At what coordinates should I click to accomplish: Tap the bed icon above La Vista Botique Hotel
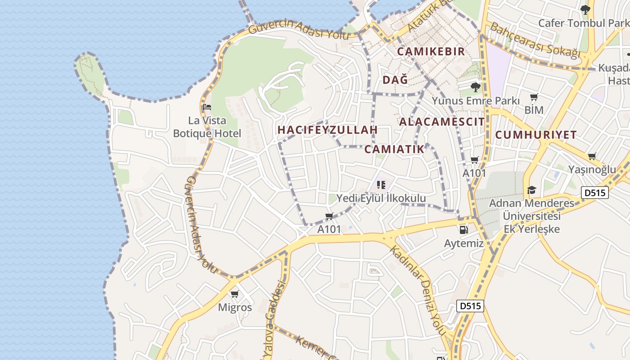point(207,107)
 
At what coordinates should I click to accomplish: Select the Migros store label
point(235,308)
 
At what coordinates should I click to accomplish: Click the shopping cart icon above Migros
point(234,294)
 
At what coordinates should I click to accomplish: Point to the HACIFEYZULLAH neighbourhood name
point(327,130)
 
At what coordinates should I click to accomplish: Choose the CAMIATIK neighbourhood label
point(394,149)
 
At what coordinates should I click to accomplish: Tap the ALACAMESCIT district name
point(442,122)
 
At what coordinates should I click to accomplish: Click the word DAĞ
point(395,80)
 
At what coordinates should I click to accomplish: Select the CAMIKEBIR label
point(431,51)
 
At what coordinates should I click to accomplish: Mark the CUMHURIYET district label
point(536,135)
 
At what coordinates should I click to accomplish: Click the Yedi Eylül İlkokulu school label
point(381,198)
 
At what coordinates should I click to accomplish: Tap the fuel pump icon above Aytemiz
point(463,230)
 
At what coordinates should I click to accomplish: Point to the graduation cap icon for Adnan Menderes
point(532,190)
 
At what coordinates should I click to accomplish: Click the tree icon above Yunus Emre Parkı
point(475,87)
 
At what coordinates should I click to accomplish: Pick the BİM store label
point(534,110)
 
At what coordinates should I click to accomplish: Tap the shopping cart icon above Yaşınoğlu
point(592,157)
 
